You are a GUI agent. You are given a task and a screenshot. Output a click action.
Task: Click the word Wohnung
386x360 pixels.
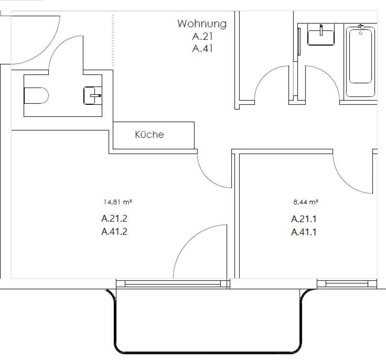[202, 24]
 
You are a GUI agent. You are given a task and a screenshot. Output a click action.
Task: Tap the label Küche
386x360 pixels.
[149, 135]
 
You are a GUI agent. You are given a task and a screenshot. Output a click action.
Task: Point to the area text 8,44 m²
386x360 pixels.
[305, 201]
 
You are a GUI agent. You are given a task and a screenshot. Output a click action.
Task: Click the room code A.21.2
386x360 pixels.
[114, 218]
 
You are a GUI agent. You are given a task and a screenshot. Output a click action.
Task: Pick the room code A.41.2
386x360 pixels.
[114, 232]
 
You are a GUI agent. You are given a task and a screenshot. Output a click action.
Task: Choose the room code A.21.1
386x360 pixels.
[304, 219]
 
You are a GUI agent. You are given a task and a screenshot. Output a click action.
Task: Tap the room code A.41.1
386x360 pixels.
[304, 232]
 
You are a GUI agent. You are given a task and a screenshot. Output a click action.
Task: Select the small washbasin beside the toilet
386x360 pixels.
[92, 95]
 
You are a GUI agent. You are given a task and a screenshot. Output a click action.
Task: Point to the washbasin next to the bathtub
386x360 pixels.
[321, 36]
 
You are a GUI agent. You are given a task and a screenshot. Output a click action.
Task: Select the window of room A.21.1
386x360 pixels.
[347, 284]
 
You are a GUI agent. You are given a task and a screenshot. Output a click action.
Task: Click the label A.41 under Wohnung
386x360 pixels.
[203, 49]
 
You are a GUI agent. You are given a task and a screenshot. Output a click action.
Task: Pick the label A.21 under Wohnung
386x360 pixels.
[203, 37]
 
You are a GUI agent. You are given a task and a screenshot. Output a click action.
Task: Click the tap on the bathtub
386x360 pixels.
[361, 27]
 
